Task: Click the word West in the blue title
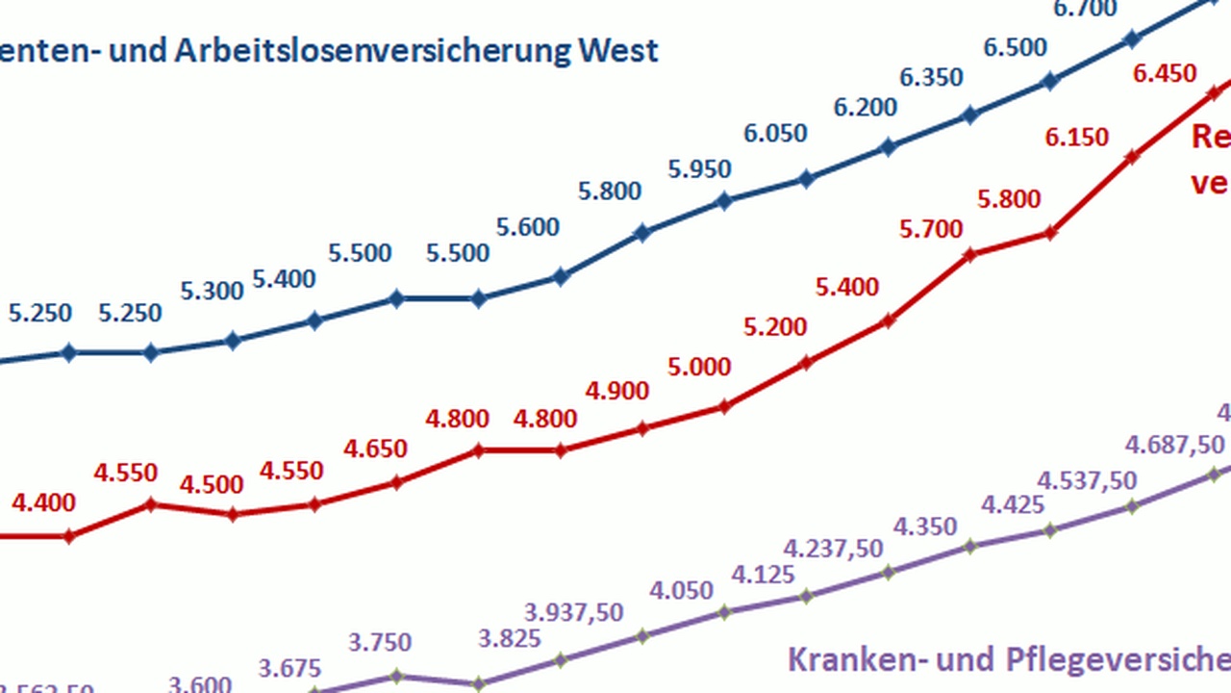(x=618, y=50)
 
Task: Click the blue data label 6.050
(x=775, y=133)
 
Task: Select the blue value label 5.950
(x=700, y=168)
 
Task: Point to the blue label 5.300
(x=212, y=290)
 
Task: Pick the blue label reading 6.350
(x=931, y=77)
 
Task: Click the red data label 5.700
(x=931, y=229)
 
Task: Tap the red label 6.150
(x=1077, y=138)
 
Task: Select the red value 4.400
(x=43, y=501)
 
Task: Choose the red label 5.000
(x=699, y=367)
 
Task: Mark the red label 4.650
(x=375, y=449)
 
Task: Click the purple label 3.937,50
(x=574, y=612)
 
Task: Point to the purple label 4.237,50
(x=833, y=549)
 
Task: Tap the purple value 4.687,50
(x=1174, y=445)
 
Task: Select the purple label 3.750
(x=379, y=642)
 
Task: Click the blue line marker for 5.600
(x=560, y=277)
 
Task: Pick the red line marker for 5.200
(x=807, y=363)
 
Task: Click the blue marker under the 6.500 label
(x=1051, y=82)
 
